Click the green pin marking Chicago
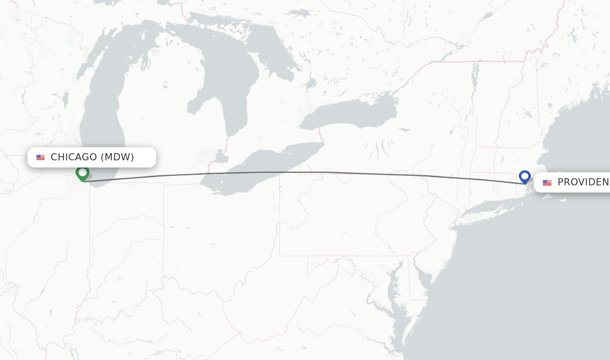coord(82,173)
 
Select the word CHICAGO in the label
coord(74,157)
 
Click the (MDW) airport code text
coord(117,157)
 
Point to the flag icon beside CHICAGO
coord(41,157)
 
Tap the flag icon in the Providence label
coord(547,182)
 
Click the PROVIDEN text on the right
coord(583,182)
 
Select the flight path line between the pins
coord(298,172)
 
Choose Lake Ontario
coord(351,113)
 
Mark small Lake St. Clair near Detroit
coord(221,158)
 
